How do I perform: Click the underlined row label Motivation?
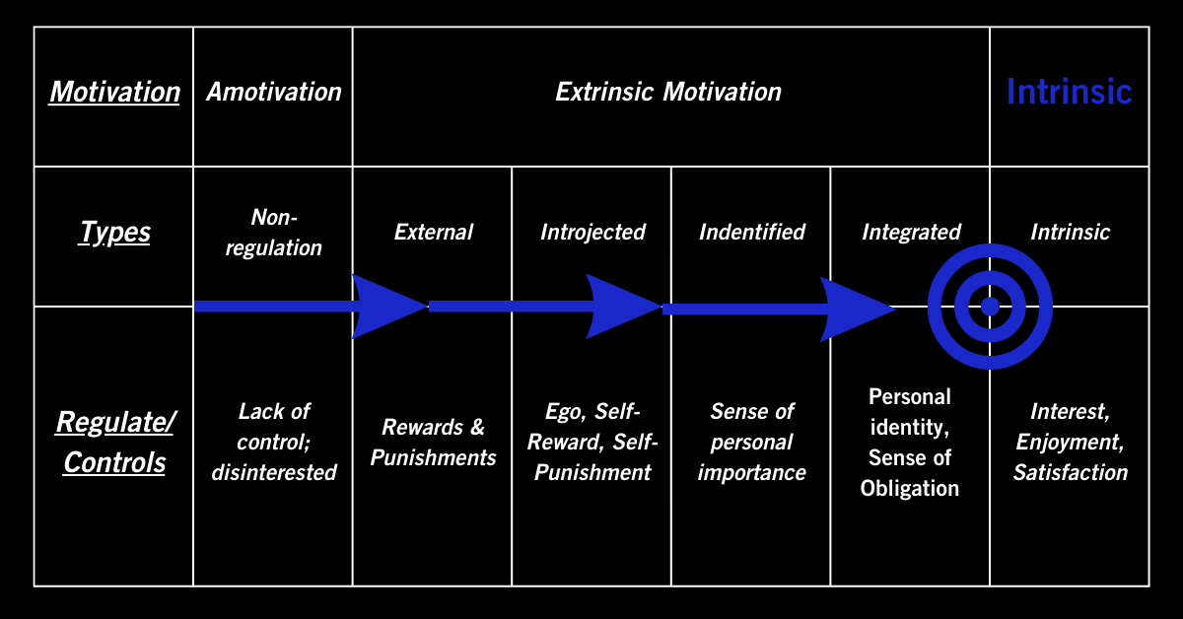tap(114, 93)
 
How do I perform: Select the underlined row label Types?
tap(114, 233)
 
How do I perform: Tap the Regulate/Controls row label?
tap(114, 442)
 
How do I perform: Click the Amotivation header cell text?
tap(273, 93)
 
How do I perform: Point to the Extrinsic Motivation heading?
tap(668, 93)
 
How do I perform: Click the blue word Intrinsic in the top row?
tap(1069, 93)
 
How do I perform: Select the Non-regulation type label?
tap(273, 233)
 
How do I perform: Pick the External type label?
tap(433, 233)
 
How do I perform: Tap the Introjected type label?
tap(592, 233)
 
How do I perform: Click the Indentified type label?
tap(752, 233)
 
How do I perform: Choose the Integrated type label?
tap(911, 233)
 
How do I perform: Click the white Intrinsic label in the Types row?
tap(1070, 233)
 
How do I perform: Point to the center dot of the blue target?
tap(990, 307)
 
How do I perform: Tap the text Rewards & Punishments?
tap(433, 442)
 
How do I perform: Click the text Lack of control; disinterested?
tap(273, 442)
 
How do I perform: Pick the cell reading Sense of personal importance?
tap(752, 442)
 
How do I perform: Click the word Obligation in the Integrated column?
tap(909, 489)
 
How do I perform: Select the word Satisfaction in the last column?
tap(1070, 472)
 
